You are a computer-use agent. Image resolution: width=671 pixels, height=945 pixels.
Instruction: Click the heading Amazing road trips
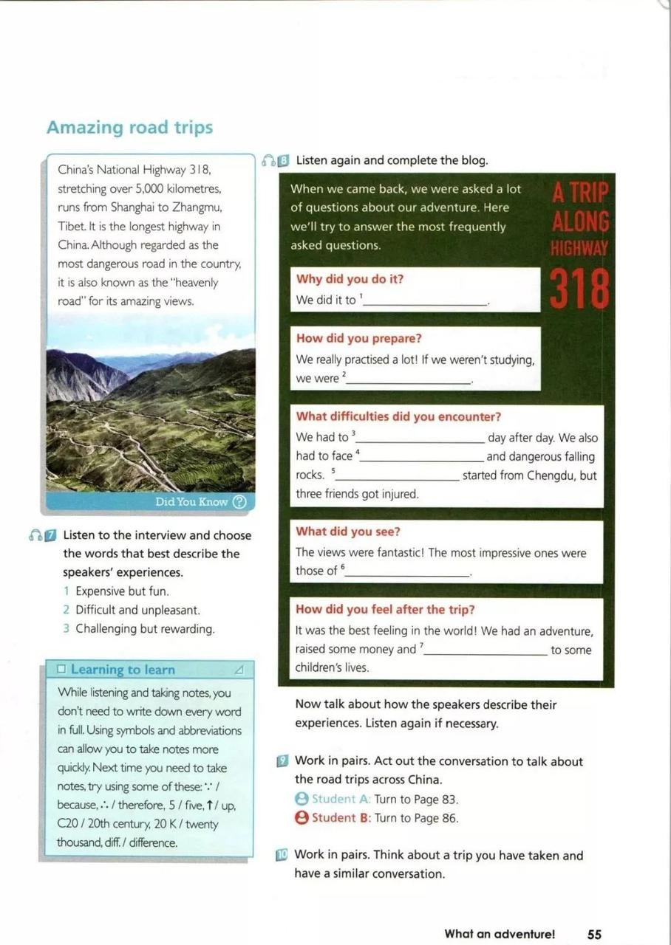pos(129,128)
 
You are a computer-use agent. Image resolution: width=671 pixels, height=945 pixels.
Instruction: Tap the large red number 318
pos(579,290)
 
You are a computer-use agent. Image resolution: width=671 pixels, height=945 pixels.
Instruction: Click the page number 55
pos(594,934)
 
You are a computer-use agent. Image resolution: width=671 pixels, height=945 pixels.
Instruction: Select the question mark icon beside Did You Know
pos(239,502)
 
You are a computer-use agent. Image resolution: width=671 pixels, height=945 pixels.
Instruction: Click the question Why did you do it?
pos(350,279)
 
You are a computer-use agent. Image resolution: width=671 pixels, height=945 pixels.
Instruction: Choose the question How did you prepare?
pos(358,338)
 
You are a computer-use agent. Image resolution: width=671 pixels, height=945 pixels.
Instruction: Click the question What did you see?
pos(347,532)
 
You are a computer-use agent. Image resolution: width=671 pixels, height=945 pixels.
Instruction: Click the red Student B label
pos(341,818)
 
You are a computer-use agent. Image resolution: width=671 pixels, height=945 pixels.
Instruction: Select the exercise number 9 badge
pos(282,761)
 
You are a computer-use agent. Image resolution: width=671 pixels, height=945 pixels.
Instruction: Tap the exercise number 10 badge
pos(282,856)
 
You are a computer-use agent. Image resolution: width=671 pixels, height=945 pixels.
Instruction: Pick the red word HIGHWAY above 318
pos(579,249)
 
